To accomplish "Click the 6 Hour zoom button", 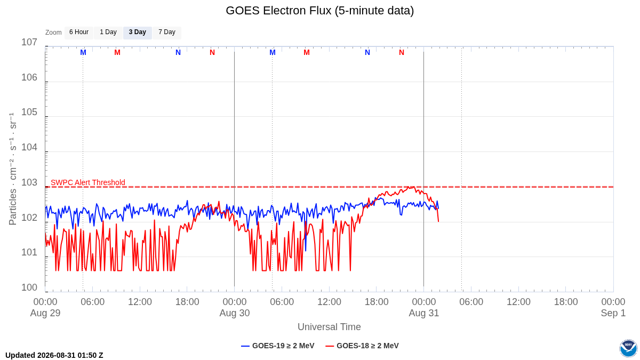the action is (79, 33).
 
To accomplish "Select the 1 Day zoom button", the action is (108, 33).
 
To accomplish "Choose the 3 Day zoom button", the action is (138, 33).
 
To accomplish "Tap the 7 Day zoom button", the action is (167, 33).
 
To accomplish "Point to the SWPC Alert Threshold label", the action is (88, 182).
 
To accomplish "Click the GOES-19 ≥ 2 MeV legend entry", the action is (278, 346).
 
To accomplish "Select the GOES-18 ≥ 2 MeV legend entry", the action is (362, 346).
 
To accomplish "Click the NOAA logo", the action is (628, 348).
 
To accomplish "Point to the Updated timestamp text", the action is (54, 355).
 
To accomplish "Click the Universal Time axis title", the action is (329, 327).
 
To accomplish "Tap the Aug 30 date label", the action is (235, 313).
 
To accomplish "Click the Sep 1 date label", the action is (613, 313).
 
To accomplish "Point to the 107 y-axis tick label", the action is (29, 42).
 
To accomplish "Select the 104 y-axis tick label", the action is (29, 147).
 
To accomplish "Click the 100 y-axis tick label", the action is (29, 287).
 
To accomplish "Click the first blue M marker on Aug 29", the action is (83, 53).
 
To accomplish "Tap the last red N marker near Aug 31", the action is (402, 53).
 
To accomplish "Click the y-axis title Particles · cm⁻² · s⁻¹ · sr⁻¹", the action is (13, 169).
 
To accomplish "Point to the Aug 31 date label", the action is (423, 313).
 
